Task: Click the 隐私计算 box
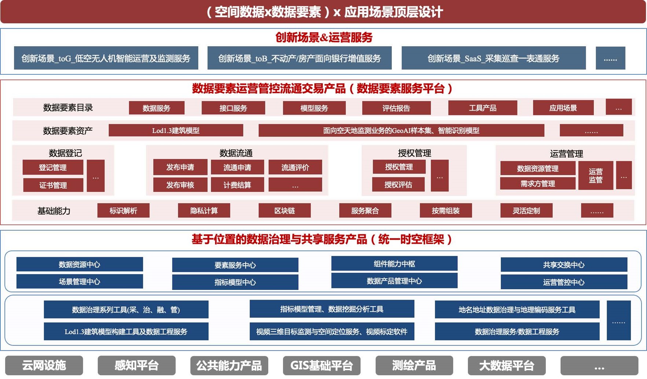point(204,211)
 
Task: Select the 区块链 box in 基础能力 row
point(284,211)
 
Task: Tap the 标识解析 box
point(123,211)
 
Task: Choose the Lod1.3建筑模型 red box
point(176,130)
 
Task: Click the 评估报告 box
point(396,108)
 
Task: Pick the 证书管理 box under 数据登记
point(53,185)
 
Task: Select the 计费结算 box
point(237,185)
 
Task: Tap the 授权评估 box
point(398,185)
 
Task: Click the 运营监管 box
point(596,175)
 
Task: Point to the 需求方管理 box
point(538,183)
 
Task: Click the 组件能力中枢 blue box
point(394,264)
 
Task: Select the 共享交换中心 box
point(564,265)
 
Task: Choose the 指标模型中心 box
point(235,282)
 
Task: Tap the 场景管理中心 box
point(80,281)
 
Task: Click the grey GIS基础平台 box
point(321,365)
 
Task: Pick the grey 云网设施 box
point(44,365)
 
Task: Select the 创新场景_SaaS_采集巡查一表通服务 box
point(493,58)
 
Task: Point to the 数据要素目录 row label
point(68,108)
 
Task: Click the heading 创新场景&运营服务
point(324,37)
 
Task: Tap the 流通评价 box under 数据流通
point(295,167)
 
